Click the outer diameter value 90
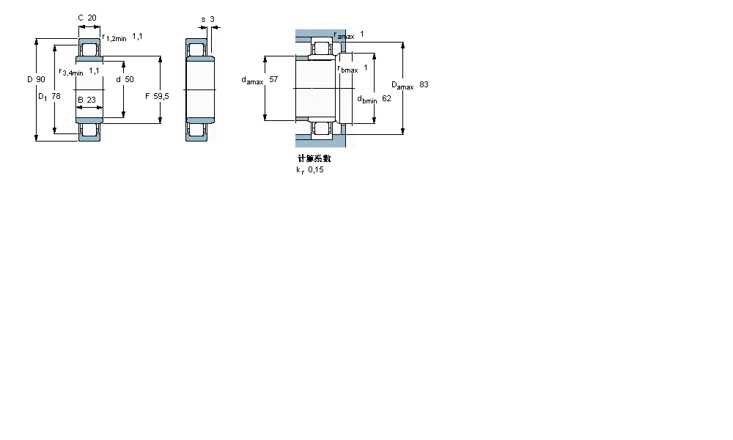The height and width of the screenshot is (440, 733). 40,79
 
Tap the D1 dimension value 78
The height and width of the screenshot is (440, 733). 56,96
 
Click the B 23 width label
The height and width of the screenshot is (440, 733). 86,100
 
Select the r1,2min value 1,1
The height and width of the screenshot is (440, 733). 137,36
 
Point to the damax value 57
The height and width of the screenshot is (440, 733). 273,79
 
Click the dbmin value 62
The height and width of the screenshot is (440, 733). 386,98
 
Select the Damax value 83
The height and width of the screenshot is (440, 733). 424,84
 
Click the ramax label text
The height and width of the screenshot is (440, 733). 344,35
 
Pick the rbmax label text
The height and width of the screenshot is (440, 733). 347,70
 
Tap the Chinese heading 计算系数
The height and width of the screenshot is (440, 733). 314,158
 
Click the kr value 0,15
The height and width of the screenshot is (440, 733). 316,169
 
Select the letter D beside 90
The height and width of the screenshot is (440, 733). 30,79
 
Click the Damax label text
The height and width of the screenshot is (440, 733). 402,85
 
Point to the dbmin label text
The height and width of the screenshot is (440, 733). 366,99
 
